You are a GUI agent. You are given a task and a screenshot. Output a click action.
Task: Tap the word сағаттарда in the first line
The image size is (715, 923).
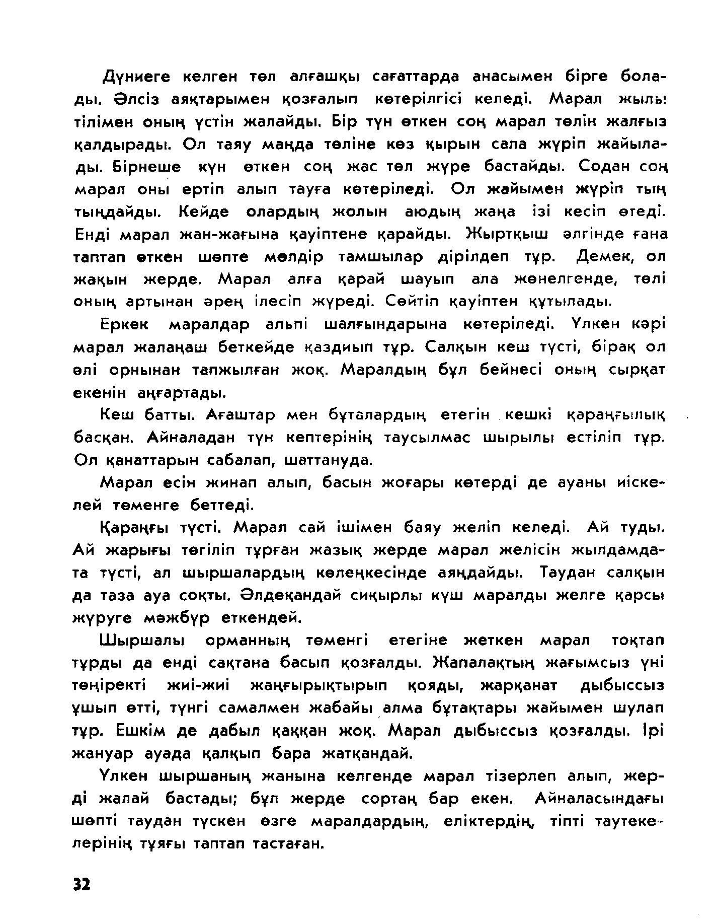click(416, 77)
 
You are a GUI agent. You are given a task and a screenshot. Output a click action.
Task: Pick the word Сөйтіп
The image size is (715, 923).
click(411, 302)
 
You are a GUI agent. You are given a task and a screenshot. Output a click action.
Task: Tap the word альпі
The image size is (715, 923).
click(287, 324)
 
